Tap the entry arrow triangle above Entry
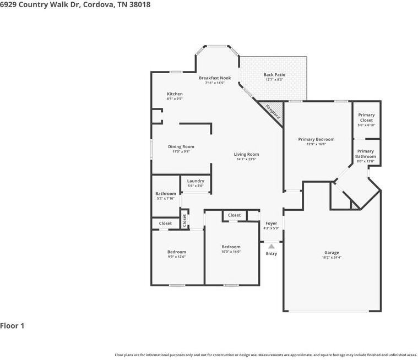(x=272, y=247)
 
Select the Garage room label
(x=332, y=253)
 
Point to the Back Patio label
(x=274, y=75)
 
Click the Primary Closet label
(x=366, y=118)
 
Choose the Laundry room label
(x=196, y=181)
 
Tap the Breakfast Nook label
(x=215, y=78)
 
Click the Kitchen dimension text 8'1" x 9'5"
(x=175, y=99)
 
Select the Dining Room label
(x=181, y=146)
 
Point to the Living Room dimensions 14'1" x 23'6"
(x=247, y=159)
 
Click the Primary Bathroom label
(x=366, y=154)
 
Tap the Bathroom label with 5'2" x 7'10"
(x=166, y=194)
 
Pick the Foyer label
(x=272, y=223)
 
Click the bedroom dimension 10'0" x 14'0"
(x=231, y=252)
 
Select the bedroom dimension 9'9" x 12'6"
(x=177, y=257)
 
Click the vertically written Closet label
(x=185, y=220)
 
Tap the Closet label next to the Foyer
(x=234, y=215)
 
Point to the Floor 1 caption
(x=12, y=326)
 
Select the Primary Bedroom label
(x=317, y=139)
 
